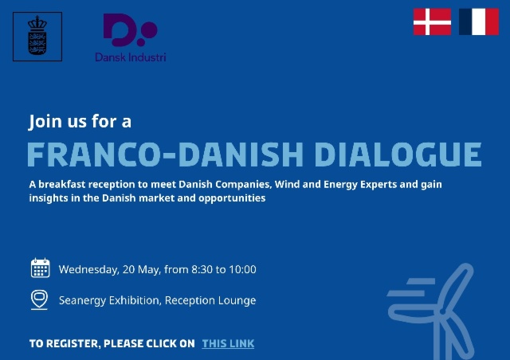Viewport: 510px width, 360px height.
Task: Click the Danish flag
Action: tap(432, 22)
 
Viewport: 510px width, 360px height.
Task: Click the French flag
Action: tap(478, 22)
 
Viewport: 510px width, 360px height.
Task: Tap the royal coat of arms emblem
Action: tap(37, 37)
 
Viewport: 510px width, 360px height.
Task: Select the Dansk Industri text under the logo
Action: tap(130, 57)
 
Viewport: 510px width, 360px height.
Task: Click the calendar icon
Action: tap(40, 268)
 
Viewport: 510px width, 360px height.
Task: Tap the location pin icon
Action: tap(39, 299)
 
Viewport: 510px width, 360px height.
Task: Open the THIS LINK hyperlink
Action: tap(228, 343)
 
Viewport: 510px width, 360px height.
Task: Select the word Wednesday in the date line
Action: tap(88, 269)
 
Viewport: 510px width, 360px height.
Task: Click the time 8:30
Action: tap(202, 269)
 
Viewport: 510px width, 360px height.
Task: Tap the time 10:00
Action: tap(242, 269)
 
